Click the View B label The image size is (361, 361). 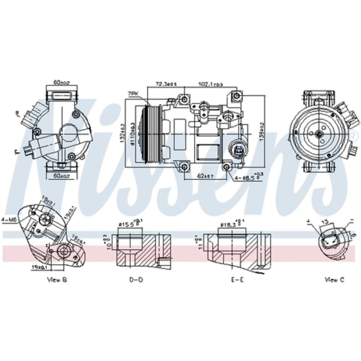click(x=57, y=279)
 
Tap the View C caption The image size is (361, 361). click(x=335, y=279)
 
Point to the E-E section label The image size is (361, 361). click(x=237, y=279)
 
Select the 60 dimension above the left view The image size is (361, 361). click(x=61, y=82)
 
